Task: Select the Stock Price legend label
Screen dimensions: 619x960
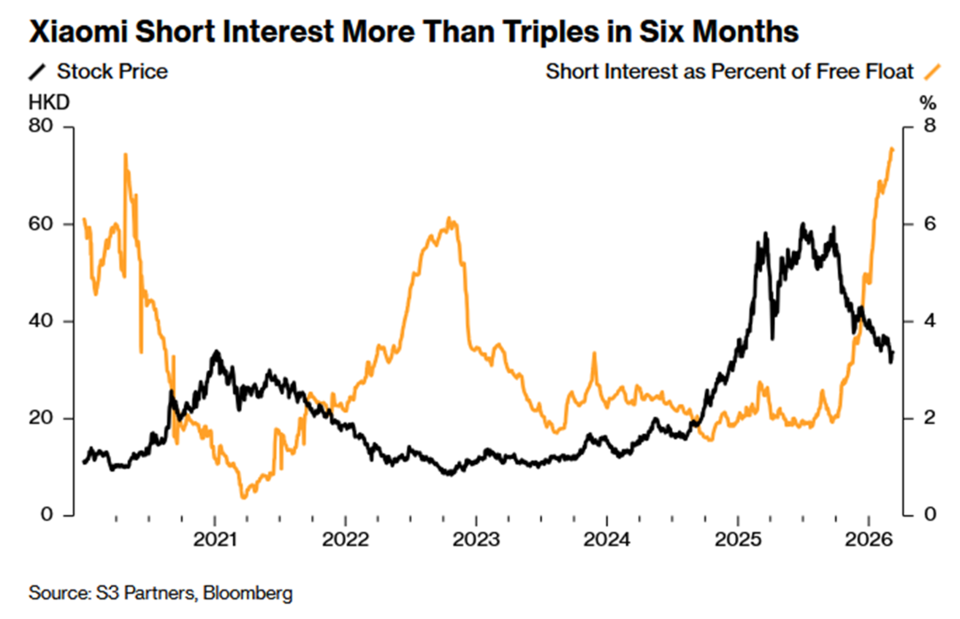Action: (x=112, y=71)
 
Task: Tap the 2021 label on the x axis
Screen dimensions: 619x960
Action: (x=214, y=539)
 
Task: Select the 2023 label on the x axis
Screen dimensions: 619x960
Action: (x=476, y=539)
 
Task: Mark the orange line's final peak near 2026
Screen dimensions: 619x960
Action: (x=892, y=149)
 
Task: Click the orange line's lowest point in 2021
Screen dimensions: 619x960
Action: (x=243, y=496)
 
